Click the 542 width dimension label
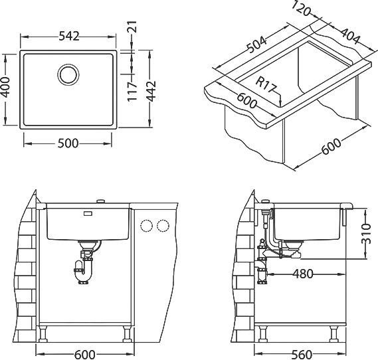tap(69, 37)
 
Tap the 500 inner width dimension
tap(68, 143)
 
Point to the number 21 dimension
tap(132, 27)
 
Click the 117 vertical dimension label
tap(132, 92)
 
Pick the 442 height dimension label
tap(151, 91)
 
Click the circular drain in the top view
tap(68, 74)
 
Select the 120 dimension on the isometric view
tap(301, 9)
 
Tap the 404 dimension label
tap(348, 36)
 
